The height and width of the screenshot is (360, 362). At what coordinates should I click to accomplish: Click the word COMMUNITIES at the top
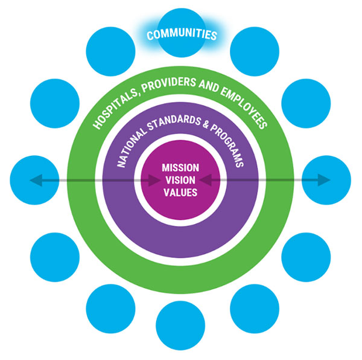click(x=181, y=34)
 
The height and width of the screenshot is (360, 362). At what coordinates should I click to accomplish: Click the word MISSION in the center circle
click(x=180, y=167)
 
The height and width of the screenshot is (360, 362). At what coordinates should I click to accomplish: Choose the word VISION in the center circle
click(x=180, y=179)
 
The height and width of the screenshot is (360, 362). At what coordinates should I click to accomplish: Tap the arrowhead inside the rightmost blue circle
click(x=326, y=179)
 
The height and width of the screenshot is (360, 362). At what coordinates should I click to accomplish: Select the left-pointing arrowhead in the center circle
click(x=206, y=179)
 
